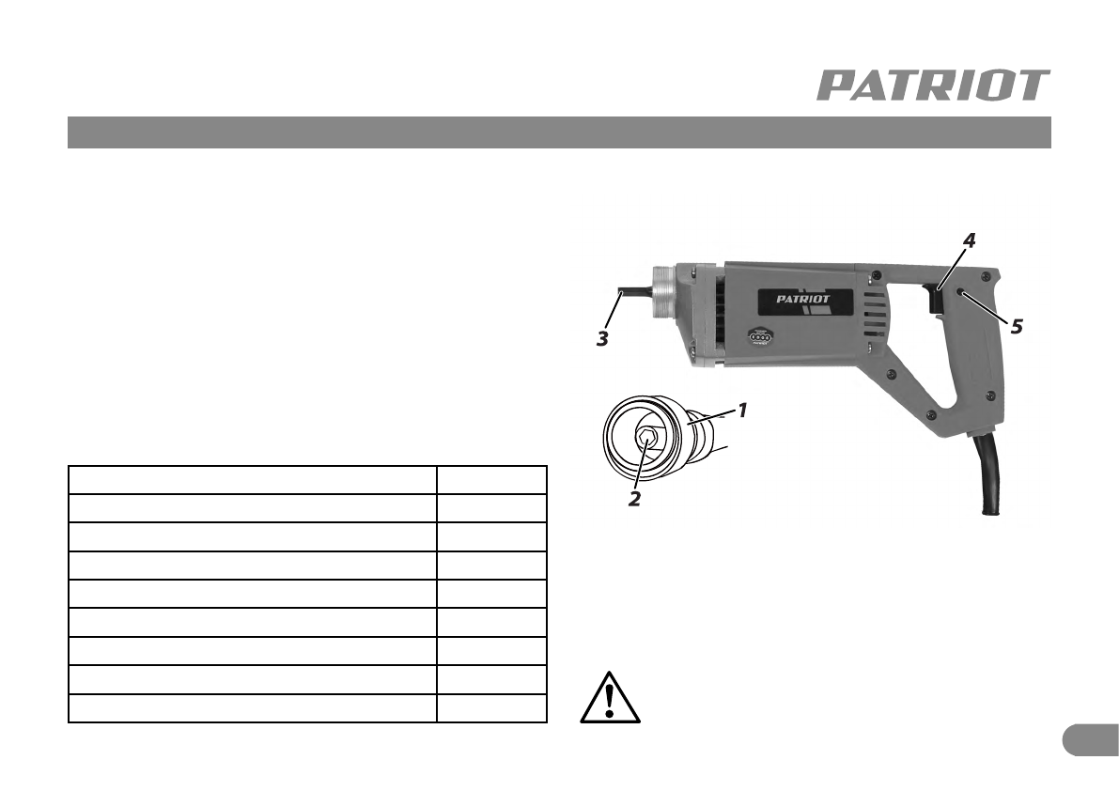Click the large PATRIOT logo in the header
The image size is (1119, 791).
pyautogui.click(x=933, y=85)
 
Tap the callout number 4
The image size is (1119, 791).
pyautogui.click(x=969, y=240)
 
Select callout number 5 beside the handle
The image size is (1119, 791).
pyautogui.click(x=1017, y=327)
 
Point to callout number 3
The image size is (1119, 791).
pyautogui.click(x=602, y=339)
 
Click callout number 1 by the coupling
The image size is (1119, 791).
pyautogui.click(x=741, y=411)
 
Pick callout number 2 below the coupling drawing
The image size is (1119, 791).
pyautogui.click(x=634, y=499)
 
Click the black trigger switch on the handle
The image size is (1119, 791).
pyautogui.click(x=934, y=298)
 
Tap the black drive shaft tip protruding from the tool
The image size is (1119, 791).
pyautogui.click(x=633, y=292)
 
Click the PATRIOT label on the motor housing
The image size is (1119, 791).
pyautogui.click(x=803, y=299)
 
